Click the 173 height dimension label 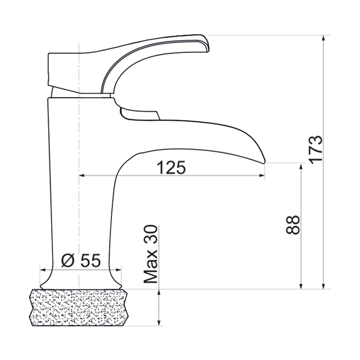315,150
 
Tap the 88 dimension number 293,225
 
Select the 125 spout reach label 171,167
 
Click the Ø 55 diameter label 81,260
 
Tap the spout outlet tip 264,161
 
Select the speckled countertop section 78,308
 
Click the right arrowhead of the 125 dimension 262,175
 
